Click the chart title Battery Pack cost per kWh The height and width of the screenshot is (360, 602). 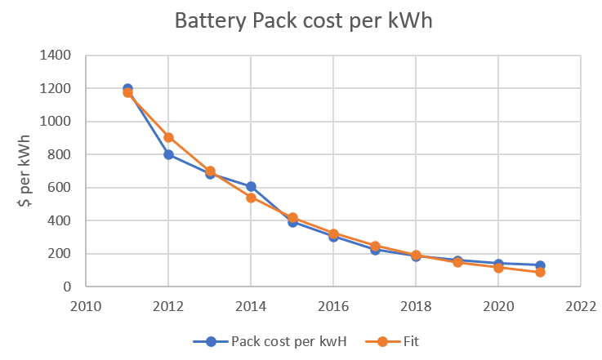303,22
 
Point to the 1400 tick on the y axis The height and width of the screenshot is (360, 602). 56,56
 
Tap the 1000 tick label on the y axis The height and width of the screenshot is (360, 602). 56,122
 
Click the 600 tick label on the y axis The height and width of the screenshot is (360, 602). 60,188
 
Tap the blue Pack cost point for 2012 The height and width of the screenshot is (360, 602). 168,154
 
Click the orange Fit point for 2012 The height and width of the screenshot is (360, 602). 168,137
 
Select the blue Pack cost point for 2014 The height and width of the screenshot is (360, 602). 251,187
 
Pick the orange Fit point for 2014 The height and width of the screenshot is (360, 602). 251,198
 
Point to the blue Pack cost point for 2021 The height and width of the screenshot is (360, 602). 539,265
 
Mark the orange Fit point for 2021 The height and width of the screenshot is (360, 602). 539,272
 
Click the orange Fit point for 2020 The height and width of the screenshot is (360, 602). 498,267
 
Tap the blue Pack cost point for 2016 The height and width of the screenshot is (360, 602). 333,237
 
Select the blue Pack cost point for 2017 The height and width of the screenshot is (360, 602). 374,250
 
